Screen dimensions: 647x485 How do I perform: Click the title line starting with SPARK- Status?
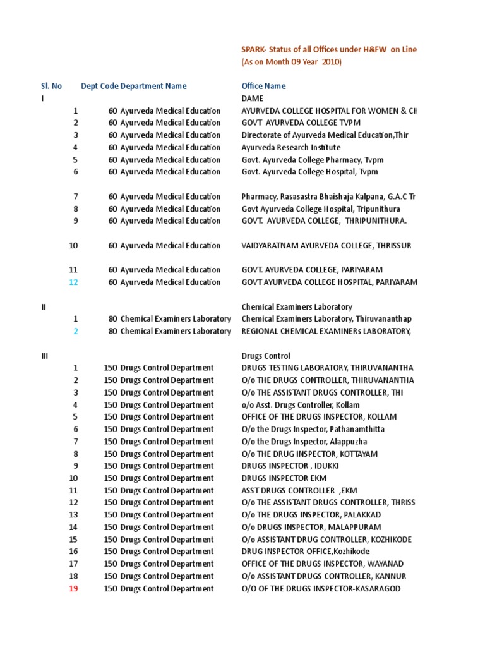[328, 50]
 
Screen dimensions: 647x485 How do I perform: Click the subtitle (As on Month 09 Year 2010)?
[291, 62]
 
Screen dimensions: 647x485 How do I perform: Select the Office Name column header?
[263, 86]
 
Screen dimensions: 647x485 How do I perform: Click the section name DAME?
[253, 99]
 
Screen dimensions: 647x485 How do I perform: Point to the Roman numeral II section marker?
[44, 307]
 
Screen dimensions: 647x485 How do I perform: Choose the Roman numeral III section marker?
[44, 356]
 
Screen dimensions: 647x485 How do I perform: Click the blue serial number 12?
[74, 282]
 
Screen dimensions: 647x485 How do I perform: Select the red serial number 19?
[74, 589]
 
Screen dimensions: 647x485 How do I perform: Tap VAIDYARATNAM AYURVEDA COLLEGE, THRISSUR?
[326, 246]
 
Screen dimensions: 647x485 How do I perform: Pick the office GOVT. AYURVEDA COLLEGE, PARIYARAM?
[312, 270]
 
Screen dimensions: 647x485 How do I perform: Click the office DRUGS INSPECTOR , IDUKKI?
[290, 466]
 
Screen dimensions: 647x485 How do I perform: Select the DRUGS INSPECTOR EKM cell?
[284, 478]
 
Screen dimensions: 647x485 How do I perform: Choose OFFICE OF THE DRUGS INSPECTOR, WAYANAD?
[322, 564]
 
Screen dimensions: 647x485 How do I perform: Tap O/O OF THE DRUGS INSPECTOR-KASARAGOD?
[321, 589]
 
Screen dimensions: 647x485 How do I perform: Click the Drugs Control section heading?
[266, 356]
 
